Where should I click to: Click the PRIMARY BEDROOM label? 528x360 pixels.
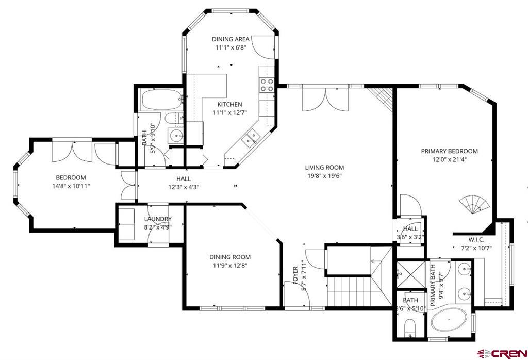click(x=449, y=151)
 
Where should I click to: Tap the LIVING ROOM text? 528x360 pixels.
click(x=324, y=167)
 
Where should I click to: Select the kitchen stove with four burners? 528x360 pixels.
click(x=266, y=85)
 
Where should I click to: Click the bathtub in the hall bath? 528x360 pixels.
click(x=161, y=98)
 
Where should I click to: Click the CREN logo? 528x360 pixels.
click(x=501, y=353)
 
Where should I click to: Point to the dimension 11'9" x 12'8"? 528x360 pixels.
click(x=230, y=266)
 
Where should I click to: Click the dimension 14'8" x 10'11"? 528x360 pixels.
click(x=71, y=186)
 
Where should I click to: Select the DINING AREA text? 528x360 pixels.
click(x=230, y=39)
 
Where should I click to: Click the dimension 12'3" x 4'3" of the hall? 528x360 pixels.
click(x=184, y=187)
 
